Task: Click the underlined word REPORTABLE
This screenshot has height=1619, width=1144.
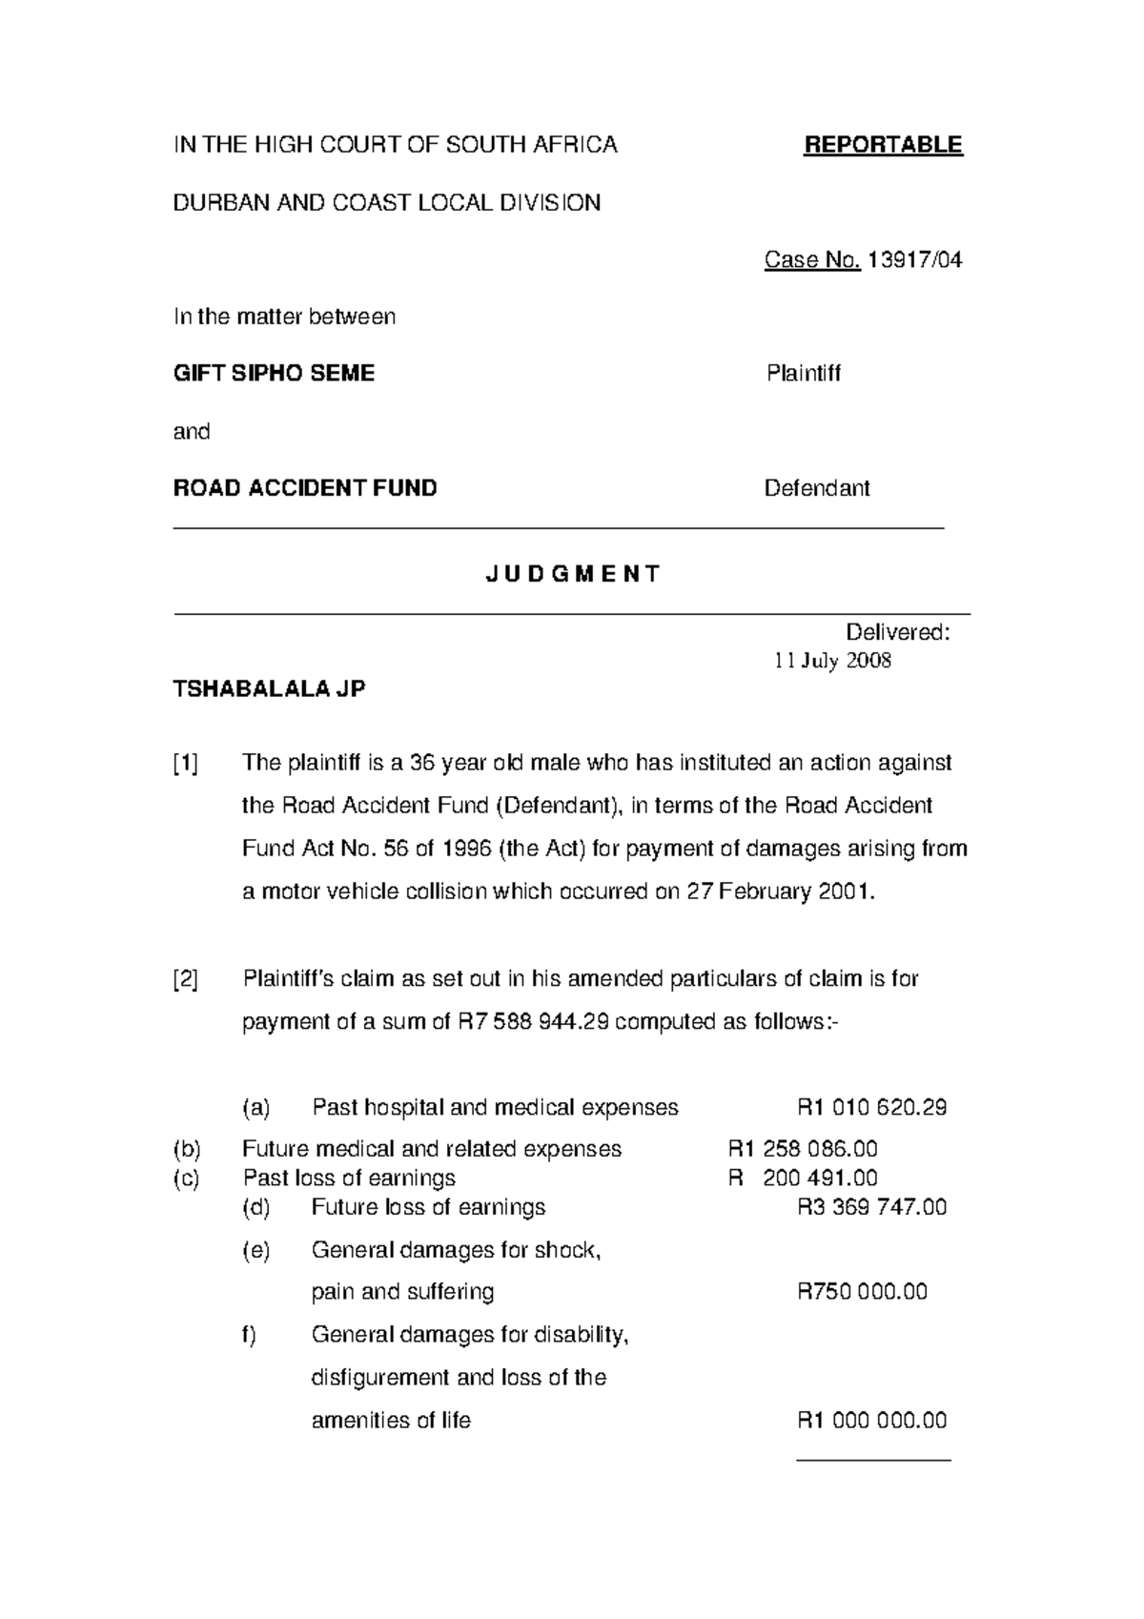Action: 883,145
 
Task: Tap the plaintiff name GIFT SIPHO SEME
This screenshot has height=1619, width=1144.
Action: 274,374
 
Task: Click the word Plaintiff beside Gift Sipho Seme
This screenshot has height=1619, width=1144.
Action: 803,374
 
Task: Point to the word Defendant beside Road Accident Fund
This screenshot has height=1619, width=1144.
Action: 817,489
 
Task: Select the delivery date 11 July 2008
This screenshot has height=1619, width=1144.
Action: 832,661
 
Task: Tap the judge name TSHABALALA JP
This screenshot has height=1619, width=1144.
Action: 269,688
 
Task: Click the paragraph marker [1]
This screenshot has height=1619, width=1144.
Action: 186,763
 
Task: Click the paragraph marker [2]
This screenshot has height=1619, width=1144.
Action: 186,979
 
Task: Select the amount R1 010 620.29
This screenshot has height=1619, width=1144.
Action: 871,1108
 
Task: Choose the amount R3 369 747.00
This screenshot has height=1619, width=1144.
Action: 871,1208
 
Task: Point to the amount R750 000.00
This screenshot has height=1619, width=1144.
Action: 862,1293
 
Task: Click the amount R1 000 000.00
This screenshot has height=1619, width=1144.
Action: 871,1421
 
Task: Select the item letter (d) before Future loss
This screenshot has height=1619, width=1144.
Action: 256,1208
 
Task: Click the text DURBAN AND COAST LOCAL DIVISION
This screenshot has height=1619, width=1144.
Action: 386,203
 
